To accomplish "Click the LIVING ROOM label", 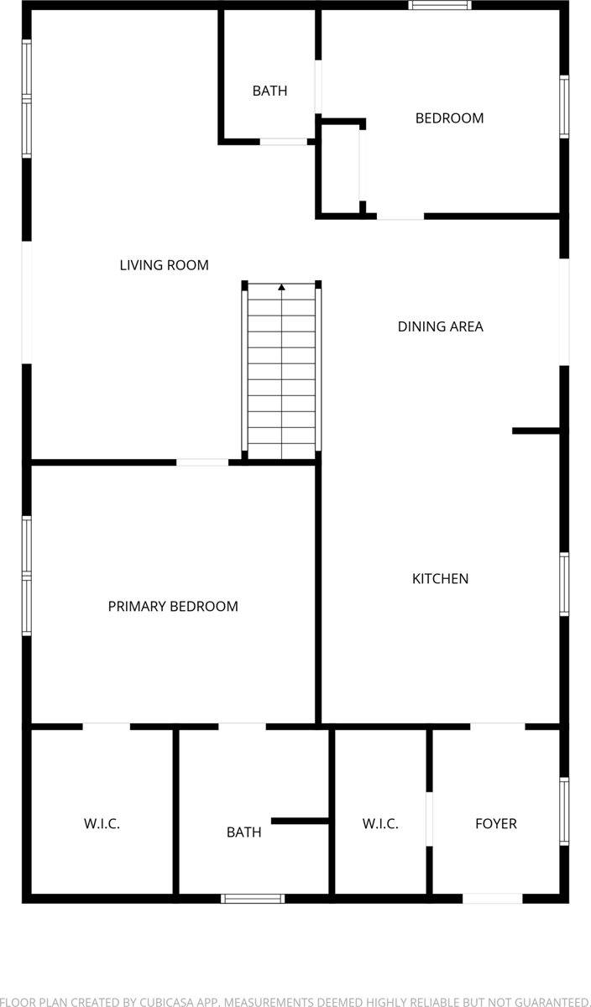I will coord(164,265).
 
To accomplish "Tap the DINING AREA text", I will coord(440,326).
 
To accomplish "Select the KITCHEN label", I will coord(440,578).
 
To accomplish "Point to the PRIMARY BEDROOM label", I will coord(173,606).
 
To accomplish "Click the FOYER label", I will coord(496,823).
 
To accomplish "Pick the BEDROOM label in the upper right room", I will coord(449,118).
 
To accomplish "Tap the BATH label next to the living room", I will coord(269,91).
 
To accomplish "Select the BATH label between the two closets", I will coord(243,832).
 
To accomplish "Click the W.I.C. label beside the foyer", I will coord(380,823).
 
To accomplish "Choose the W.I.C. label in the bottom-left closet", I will coord(102,823).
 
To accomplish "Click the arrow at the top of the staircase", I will coord(282,288).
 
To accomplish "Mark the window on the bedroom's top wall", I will coord(440,5).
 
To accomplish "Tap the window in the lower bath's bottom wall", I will coord(253,899).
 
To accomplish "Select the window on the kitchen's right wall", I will coord(564,585).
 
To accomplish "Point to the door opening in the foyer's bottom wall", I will coord(493,899).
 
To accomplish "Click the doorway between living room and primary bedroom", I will coord(202,462).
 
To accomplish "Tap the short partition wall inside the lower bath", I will coord(300,821).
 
